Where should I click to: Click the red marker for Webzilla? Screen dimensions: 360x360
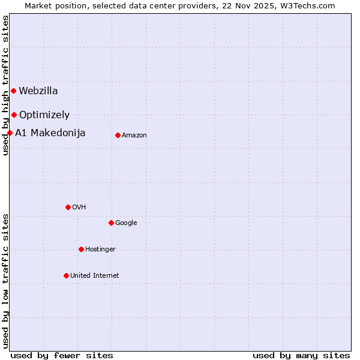point(13,91)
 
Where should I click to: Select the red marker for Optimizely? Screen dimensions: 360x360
point(14,115)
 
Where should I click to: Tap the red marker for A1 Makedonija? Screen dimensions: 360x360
point(10,133)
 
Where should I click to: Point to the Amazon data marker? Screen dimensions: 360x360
point(118,135)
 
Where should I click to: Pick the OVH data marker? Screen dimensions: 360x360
point(68,207)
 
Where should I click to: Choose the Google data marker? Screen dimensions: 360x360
point(111,223)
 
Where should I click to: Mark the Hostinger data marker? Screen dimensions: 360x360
point(81,249)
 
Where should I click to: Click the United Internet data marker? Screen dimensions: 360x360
point(66,275)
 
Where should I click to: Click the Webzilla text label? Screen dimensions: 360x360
point(38,91)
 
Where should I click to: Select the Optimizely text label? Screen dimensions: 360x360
point(44,115)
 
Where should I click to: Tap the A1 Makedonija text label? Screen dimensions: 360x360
point(50,133)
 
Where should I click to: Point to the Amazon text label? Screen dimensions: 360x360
point(134,136)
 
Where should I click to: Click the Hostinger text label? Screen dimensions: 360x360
point(100,249)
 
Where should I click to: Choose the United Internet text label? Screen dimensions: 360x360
point(95,275)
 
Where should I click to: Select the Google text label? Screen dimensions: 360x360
point(126,223)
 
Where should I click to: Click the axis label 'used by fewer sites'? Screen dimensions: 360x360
point(62,356)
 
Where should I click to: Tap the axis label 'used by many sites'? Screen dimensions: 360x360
point(301,356)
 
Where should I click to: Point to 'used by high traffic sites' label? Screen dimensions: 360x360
point(6,86)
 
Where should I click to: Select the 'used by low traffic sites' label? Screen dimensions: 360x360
point(6,280)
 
